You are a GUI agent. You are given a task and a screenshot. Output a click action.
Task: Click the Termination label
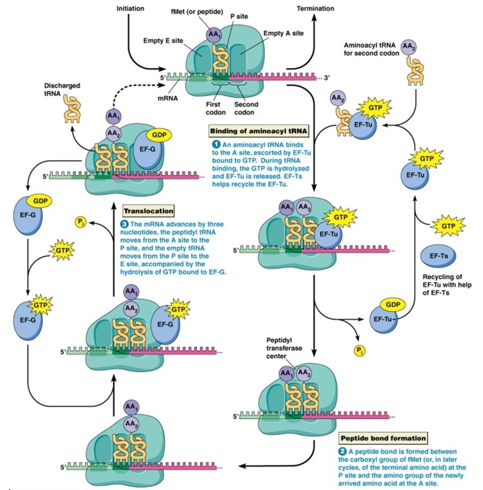coord(315,9)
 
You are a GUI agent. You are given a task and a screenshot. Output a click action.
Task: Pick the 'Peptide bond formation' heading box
coord(382,438)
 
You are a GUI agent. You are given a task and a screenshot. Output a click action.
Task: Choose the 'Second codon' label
coord(246,108)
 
